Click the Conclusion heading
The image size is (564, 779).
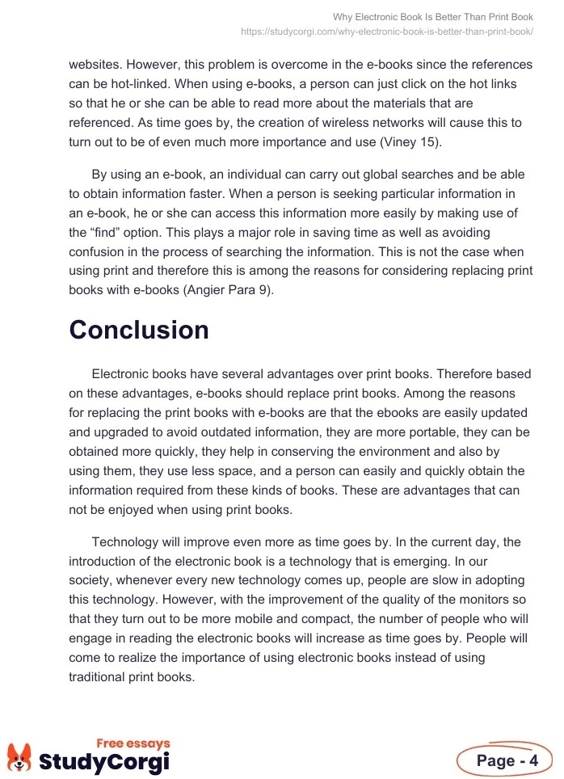139,330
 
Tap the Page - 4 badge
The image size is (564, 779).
506,760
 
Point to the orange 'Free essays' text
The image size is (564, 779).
133,743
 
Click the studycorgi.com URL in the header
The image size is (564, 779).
387,32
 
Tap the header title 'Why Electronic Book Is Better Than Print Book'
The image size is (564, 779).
433,17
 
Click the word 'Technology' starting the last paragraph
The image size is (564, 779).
126,541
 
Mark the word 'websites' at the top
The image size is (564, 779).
96,65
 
